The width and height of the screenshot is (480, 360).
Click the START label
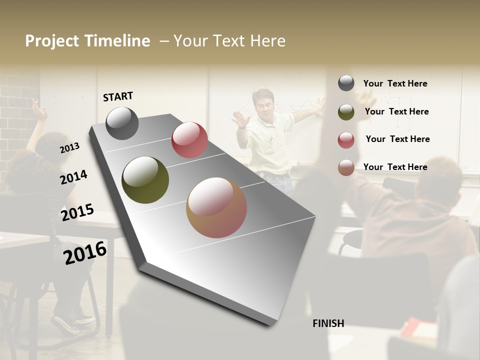[118, 96]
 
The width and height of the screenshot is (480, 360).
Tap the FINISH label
[328, 323]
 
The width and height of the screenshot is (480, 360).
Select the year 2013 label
[69, 148]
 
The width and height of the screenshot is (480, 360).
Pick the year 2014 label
[73, 177]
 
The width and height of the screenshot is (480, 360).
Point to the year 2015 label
[77, 212]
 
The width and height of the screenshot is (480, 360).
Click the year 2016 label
[85, 253]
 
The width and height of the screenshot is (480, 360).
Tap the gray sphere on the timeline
[122, 123]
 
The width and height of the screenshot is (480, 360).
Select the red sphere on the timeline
[189, 140]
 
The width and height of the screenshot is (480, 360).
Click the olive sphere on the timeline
[145, 180]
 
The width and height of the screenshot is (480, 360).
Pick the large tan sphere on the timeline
[216, 207]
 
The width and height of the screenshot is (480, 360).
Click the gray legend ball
[346, 83]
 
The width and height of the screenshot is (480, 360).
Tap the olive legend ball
[346, 112]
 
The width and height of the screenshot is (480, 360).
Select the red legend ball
[346, 140]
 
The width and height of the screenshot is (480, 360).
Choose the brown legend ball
[346, 167]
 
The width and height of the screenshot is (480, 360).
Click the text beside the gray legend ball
[395, 83]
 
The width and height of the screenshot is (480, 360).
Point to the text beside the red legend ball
[397, 139]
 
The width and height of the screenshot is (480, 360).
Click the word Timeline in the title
[117, 41]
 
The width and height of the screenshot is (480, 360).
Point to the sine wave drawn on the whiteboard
[302, 107]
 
